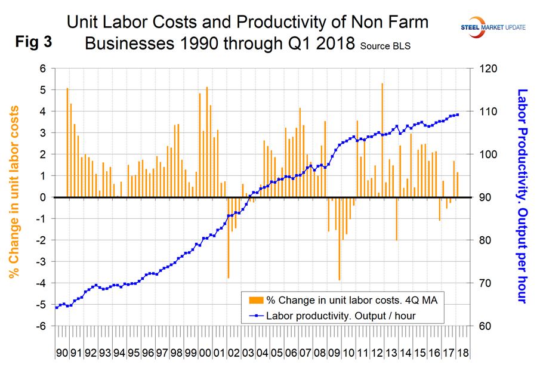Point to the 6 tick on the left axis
(42, 69)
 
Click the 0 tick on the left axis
(42, 197)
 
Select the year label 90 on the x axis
(62, 353)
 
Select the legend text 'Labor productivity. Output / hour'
(341, 316)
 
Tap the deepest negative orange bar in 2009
(340, 239)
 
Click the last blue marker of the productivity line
(457, 115)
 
